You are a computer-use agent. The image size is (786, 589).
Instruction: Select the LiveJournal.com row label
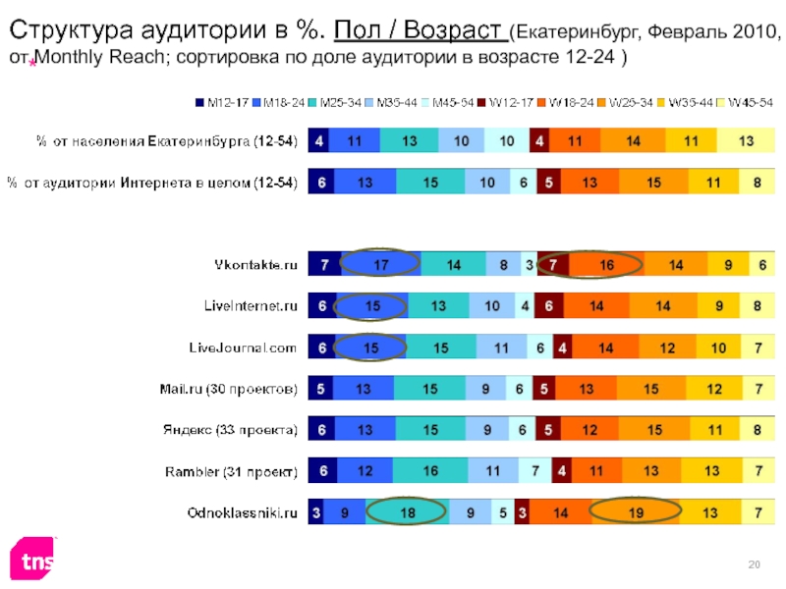(243, 348)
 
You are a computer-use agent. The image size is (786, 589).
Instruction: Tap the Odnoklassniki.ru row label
(243, 512)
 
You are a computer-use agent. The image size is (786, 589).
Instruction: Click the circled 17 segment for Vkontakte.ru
(381, 265)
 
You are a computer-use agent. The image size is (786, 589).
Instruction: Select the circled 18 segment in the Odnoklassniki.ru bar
(407, 512)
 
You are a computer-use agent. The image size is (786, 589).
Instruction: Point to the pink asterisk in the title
(32, 63)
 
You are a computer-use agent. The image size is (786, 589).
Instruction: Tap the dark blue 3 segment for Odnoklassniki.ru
(316, 512)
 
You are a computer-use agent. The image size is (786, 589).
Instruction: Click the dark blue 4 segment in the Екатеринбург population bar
(319, 141)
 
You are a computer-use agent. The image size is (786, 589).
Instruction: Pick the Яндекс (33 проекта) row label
(229, 430)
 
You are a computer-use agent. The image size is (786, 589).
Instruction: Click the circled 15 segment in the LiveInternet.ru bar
(372, 306)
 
